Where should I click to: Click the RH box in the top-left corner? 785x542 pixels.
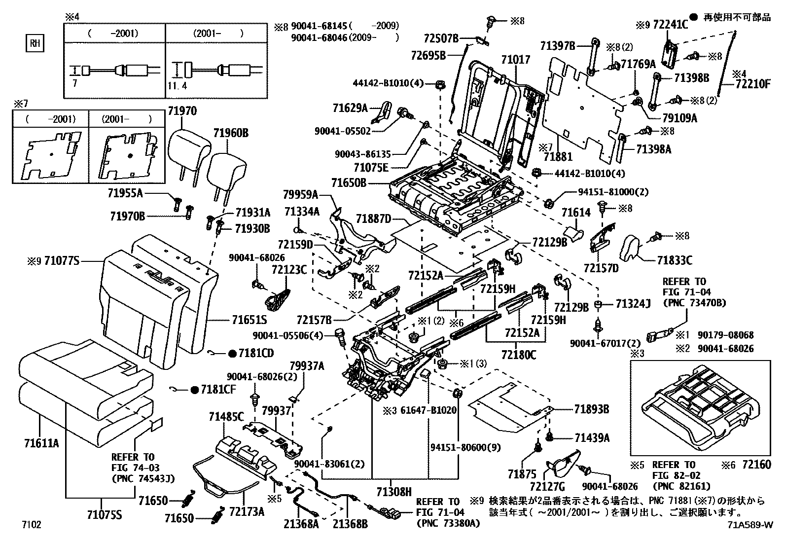point(35,43)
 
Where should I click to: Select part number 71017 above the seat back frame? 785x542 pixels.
point(515,60)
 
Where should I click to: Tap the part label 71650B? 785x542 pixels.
point(349,182)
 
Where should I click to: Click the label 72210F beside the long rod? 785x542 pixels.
point(753,84)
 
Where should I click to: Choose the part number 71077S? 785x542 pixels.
point(62,261)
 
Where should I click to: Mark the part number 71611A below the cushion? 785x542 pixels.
point(42,443)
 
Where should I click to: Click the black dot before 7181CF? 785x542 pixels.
point(194,390)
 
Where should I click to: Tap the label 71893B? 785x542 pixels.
point(592,409)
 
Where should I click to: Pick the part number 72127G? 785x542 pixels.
point(547,486)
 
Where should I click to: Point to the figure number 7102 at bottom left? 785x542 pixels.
point(32,524)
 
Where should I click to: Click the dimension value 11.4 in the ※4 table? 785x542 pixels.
point(178,85)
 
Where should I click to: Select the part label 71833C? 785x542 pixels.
point(675,260)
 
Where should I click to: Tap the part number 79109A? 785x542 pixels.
point(679,118)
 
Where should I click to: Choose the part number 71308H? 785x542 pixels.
point(394,492)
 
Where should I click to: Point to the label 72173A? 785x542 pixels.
point(247,511)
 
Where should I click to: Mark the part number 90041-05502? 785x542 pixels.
point(342,131)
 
